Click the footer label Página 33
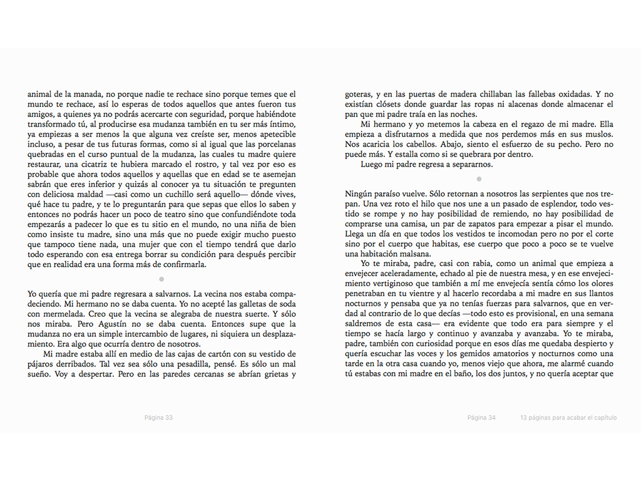tap(158, 418)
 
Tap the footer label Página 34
tap(481, 418)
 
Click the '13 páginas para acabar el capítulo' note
tap(568, 418)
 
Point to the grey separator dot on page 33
tap(162, 279)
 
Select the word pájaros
tap(43, 365)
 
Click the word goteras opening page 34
tap(359, 94)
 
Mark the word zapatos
tap(493, 224)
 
